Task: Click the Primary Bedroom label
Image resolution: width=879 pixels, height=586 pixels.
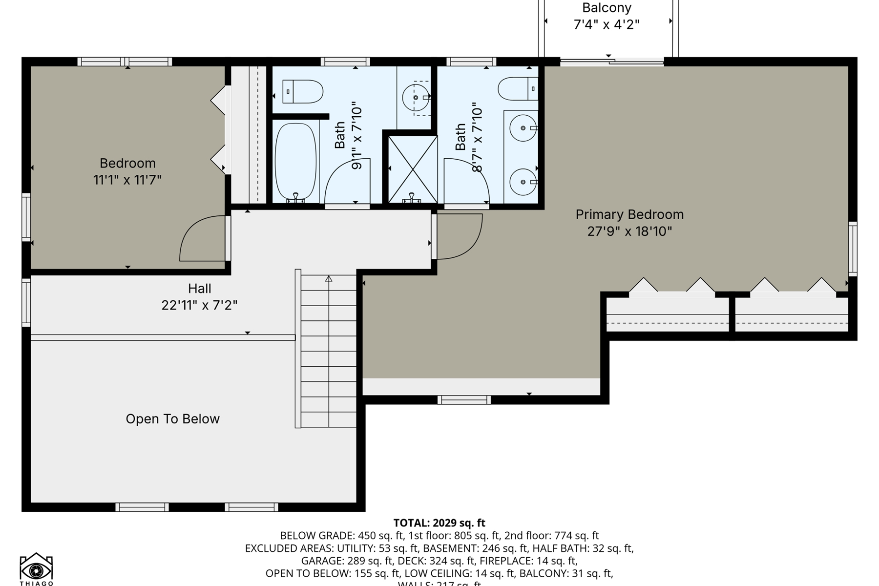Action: pos(629,214)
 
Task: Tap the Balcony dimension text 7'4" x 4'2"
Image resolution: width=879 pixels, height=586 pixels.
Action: pos(606,24)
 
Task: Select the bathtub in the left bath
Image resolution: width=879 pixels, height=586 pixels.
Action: pos(295,161)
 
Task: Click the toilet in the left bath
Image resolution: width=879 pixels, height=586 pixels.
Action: pos(303,91)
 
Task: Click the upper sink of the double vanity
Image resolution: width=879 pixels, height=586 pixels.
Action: pos(523,128)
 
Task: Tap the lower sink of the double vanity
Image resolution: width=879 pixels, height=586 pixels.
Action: pos(523,182)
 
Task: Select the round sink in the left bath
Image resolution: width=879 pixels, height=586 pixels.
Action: pos(416,98)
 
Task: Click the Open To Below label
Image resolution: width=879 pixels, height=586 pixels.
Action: pos(172,419)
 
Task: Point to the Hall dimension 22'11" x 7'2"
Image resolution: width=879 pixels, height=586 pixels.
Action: pos(199,305)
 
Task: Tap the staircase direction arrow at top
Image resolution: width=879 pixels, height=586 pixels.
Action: pos(329,279)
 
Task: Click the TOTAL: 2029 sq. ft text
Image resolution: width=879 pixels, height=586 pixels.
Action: pos(439,523)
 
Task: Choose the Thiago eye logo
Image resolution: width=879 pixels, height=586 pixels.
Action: pos(36,569)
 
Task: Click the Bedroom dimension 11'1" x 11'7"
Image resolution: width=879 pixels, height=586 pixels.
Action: pos(127,180)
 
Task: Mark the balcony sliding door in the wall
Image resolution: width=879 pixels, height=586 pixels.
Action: pos(611,62)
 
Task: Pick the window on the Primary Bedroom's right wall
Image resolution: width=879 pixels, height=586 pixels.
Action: pos(852,248)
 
